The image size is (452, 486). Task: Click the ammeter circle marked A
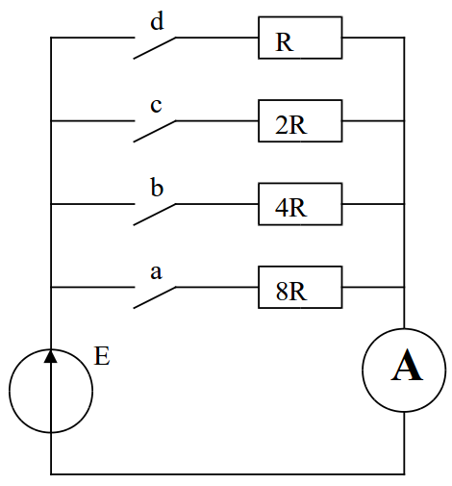pyautogui.click(x=404, y=329)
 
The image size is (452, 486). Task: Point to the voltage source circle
pyautogui.click(x=51, y=349)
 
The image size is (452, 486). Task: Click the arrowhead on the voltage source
pyautogui.click(x=51, y=356)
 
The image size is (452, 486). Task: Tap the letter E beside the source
pyautogui.click(x=102, y=356)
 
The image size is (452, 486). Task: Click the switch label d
pyautogui.click(x=157, y=21)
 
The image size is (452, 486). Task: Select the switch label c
pyautogui.click(x=156, y=106)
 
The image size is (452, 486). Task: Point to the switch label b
pyautogui.click(x=157, y=188)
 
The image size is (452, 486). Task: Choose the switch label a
pyautogui.click(x=156, y=272)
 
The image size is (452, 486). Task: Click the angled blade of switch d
pyautogui.click(x=155, y=48)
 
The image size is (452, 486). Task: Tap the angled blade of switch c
pyautogui.click(x=155, y=131)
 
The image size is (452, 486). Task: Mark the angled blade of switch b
pyautogui.click(x=155, y=215)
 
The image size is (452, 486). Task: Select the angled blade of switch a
pyautogui.click(x=155, y=297)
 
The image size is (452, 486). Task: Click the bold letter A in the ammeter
pyautogui.click(x=407, y=366)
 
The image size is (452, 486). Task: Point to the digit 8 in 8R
pyautogui.click(x=282, y=292)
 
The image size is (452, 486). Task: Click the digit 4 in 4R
pyautogui.click(x=281, y=208)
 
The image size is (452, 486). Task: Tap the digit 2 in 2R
pyautogui.click(x=281, y=125)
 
